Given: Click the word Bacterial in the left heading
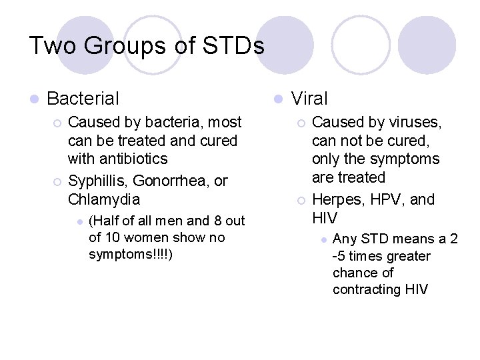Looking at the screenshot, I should tap(83, 99).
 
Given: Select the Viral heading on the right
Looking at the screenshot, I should tap(310, 99).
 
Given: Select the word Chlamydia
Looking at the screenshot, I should tap(104, 199).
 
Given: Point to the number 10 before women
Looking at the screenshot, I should tap(111, 237).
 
